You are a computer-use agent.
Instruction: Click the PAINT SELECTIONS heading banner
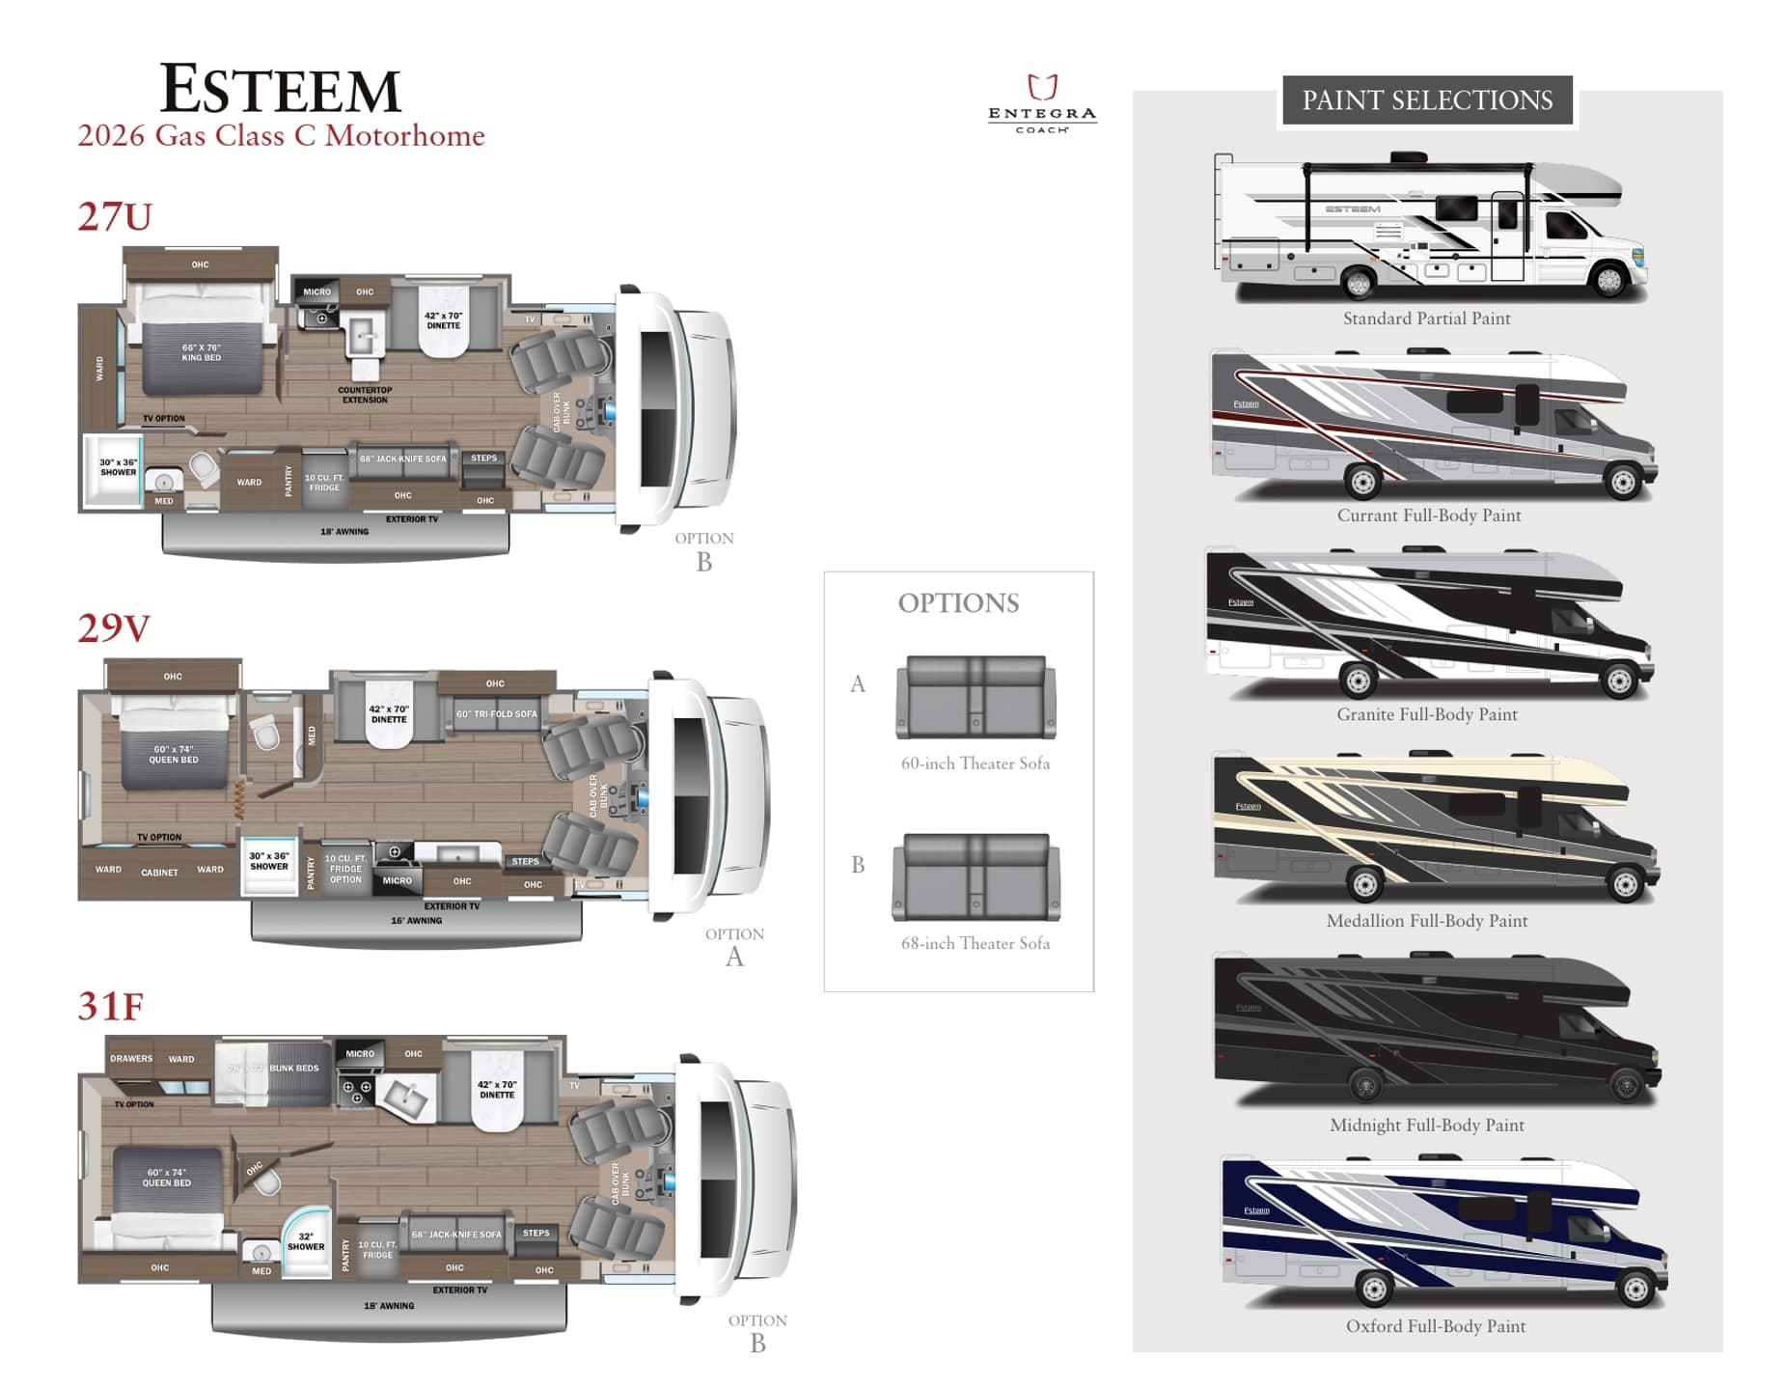[x=1426, y=100]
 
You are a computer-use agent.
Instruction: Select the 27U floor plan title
[x=115, y=216]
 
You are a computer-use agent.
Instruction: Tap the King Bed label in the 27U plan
[x=201, y=352]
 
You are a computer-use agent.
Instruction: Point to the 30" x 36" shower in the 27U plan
[x=118, y=468]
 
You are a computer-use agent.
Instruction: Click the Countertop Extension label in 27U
[x=365, y=395]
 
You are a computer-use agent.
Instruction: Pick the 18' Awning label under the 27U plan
[x=344, y=532]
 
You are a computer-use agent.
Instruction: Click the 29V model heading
[x=114, y=628]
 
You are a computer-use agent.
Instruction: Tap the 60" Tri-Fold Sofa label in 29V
[x=496, y=714]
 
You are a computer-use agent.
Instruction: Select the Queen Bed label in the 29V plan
[x=174, y=754]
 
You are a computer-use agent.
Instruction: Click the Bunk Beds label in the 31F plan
[x=293, y=1069]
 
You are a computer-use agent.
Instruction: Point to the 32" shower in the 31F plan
[x=306, y=1242]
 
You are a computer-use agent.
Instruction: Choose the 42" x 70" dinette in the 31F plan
[x=497, y=1090]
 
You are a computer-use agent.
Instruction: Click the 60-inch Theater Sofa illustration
[x=975, y=697]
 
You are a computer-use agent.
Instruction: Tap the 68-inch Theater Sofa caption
[x=975, y=943]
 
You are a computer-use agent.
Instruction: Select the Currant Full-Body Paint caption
[x=1428, y=515]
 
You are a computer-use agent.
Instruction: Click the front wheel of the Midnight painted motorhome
[x=1626, y=1086]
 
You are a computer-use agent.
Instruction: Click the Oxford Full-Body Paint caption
[x=1435, y=1326]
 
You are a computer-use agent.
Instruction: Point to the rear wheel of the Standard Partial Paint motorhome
[x=1359, y=283]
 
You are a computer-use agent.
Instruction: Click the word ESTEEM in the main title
[x=280, y=90]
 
